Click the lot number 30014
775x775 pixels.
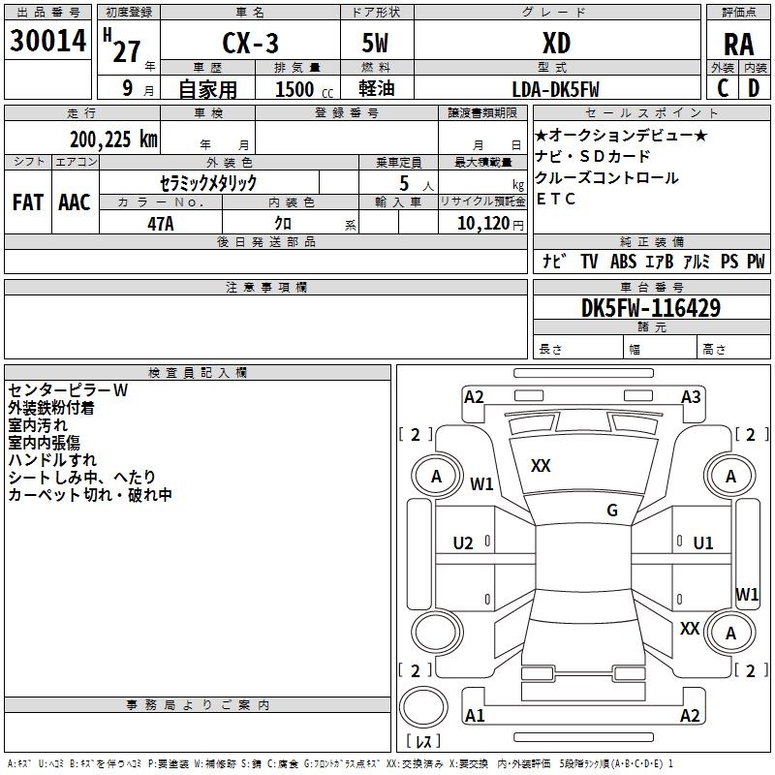coord(47,42)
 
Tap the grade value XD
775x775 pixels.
coord(556,44)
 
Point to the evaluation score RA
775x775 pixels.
coord(738,46)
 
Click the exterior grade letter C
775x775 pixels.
coord(723,87)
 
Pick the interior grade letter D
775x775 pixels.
coord(754,87)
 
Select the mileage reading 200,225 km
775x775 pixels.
coord(113,139)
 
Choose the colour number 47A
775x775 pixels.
coord(160,222)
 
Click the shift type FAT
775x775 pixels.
coord(27,202)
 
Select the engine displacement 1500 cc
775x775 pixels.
coord(297,89)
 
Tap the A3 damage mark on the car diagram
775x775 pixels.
coord(691,396)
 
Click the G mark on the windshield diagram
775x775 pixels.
coord(611,511)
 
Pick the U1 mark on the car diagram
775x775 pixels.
coord(703,543)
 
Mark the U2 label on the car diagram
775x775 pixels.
coord(463,543)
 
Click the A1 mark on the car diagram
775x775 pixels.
coord(475,716)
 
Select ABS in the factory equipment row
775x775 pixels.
coord(623,262)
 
